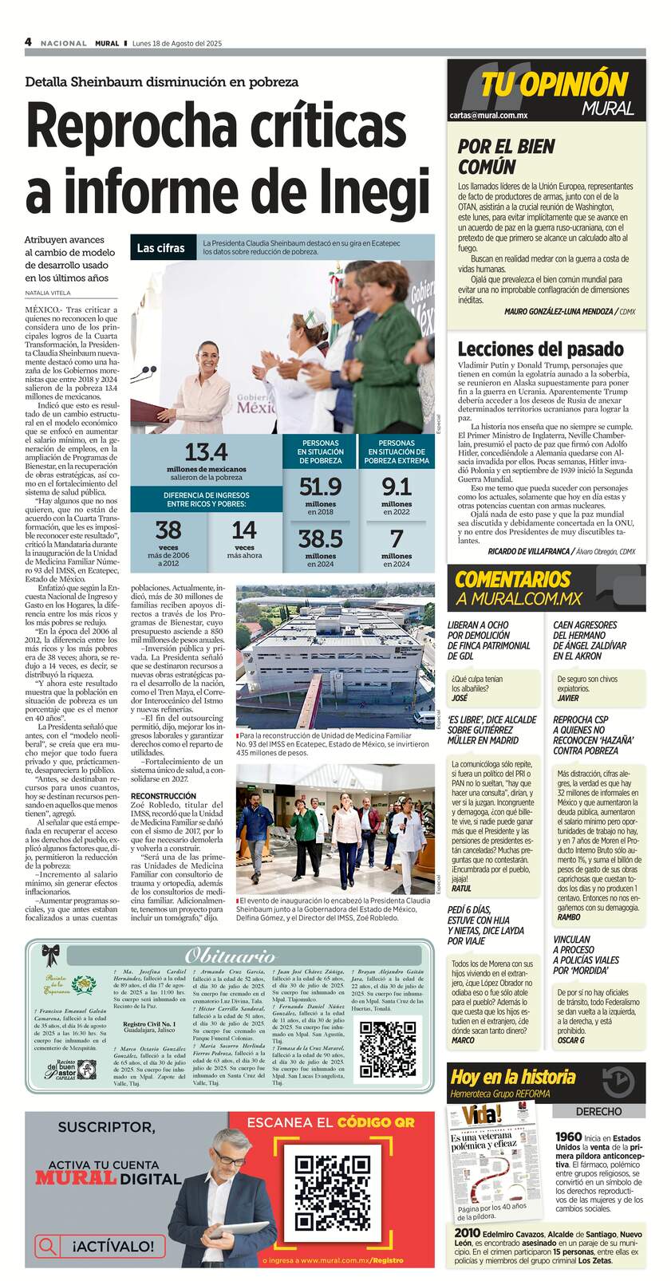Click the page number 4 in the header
[28, 42]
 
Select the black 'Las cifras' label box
[160, 248]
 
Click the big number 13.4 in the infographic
[206, 452]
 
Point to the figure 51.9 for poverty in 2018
[320, 486]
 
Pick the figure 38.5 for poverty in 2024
[320, 538]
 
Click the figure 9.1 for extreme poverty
[396, 486]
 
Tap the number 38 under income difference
[168, 530]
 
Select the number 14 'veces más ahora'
[244, 530]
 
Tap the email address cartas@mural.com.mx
[488, 116]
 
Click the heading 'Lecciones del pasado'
[540, 349]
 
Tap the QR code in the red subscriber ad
[330, 1192]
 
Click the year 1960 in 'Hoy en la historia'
[568, 1137]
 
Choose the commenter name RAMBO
[569, 917]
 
